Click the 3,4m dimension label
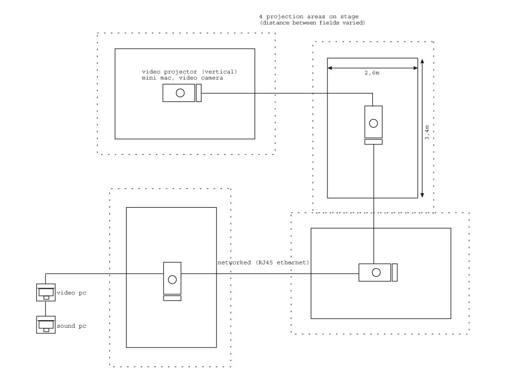[x=428, y=136]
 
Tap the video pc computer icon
[x=46, y=292]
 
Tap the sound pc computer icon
[x=46, y=325]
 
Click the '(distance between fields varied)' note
[x=312, y=23]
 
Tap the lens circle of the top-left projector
[x=180, y=93]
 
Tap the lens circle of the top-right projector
[x=373, y=123]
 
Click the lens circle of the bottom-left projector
[x=172, y=279]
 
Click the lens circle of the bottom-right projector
[x=375, y=273]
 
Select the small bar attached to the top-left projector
[x=199, y=93]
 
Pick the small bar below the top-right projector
[x=373, y=142]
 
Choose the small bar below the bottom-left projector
[x=172, y=298]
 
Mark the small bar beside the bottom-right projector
[x=395, y=273]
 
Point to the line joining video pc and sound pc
[x=46, y=309]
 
